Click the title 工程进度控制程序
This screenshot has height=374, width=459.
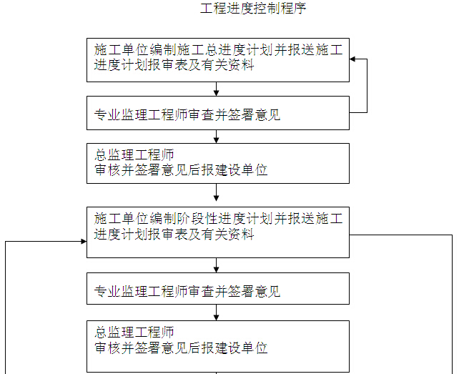[x=253, y=9]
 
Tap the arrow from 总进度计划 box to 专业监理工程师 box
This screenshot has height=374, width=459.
[x=217, y=89]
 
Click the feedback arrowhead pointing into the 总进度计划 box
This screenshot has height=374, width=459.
[x=352, y=59]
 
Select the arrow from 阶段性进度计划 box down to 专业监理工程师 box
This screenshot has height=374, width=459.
[x=217, y=265]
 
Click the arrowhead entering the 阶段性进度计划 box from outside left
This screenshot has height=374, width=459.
[x=84, y=242]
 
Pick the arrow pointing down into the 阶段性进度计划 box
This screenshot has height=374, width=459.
[x=217, y=192]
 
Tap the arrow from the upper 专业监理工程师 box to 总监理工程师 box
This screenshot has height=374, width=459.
[x=217, y=137]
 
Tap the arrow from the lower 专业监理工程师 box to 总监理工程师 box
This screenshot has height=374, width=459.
[x=217, y=313]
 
